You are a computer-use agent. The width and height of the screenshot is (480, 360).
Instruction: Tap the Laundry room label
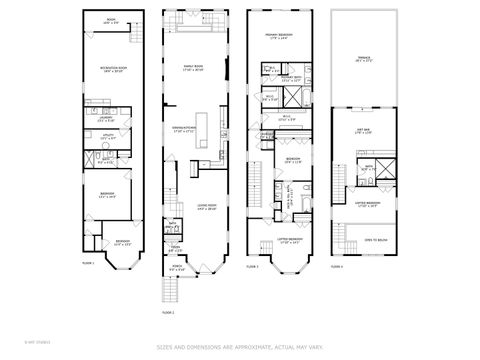tap(106, 119)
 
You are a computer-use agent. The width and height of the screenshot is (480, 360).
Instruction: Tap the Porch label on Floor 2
tap(177, 268)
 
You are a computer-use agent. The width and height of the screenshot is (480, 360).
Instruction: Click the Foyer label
tap(173, 248)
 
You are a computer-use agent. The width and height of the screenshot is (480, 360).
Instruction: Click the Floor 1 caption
tap(87, 264)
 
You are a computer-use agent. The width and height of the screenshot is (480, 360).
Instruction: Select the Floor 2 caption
tap(167, 312)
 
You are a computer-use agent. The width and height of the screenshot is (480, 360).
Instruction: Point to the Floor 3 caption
tap(252, 266)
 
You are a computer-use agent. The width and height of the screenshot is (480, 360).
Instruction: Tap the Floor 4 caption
tap(337, 266)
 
